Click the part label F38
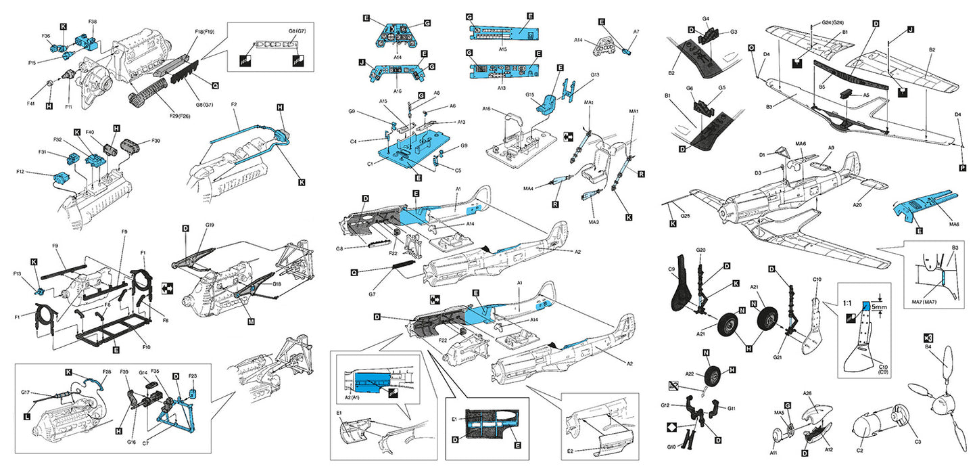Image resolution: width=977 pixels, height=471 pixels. [x=92, y=21]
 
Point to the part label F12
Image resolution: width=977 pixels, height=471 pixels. [x=39, y=173]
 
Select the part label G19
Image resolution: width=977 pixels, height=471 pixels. [x=210, y=225]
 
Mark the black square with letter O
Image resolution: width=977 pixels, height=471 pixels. [x=751, y=48]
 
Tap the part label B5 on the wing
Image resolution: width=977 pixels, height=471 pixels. [x=822, y=87]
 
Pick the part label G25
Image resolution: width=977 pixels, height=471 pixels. [x=684, y=215]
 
